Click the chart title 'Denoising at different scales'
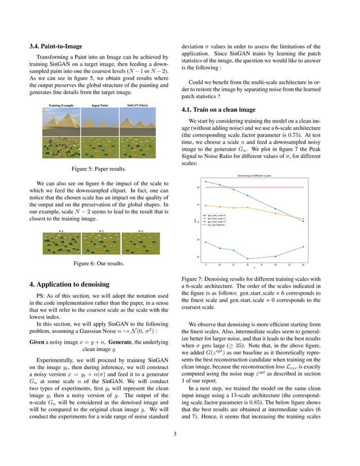(x=253, y=176)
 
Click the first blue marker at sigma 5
(x=205, y=182)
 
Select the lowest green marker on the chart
(x=248, y=259)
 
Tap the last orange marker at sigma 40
(x=304, y=219)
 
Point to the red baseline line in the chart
(x=254, y=187)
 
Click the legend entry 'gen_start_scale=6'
(x=217, y=216)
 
